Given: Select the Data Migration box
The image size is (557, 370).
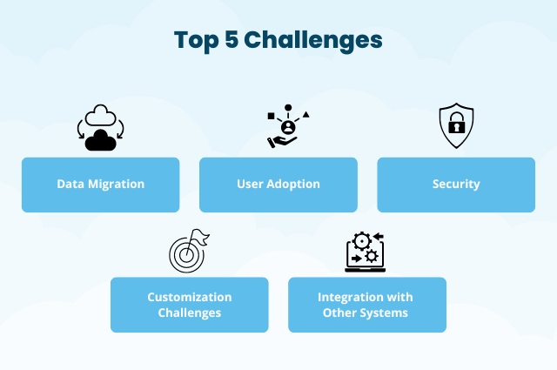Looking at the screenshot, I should (100, 185).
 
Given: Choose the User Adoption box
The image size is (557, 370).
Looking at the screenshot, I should (278, 185).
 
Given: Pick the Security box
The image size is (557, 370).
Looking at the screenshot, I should (455, 185).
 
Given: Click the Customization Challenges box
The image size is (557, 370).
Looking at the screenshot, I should (189, 305).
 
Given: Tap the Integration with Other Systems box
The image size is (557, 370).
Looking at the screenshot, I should (366, 305).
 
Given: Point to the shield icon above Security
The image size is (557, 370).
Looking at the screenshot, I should (455, 125).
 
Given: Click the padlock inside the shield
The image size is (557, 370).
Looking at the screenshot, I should (455, 127).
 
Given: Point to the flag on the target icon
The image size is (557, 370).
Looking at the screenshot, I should (200, 237).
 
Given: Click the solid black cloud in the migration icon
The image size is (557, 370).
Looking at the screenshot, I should (102, 139).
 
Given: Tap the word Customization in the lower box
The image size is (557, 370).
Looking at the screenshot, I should (189, 297).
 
